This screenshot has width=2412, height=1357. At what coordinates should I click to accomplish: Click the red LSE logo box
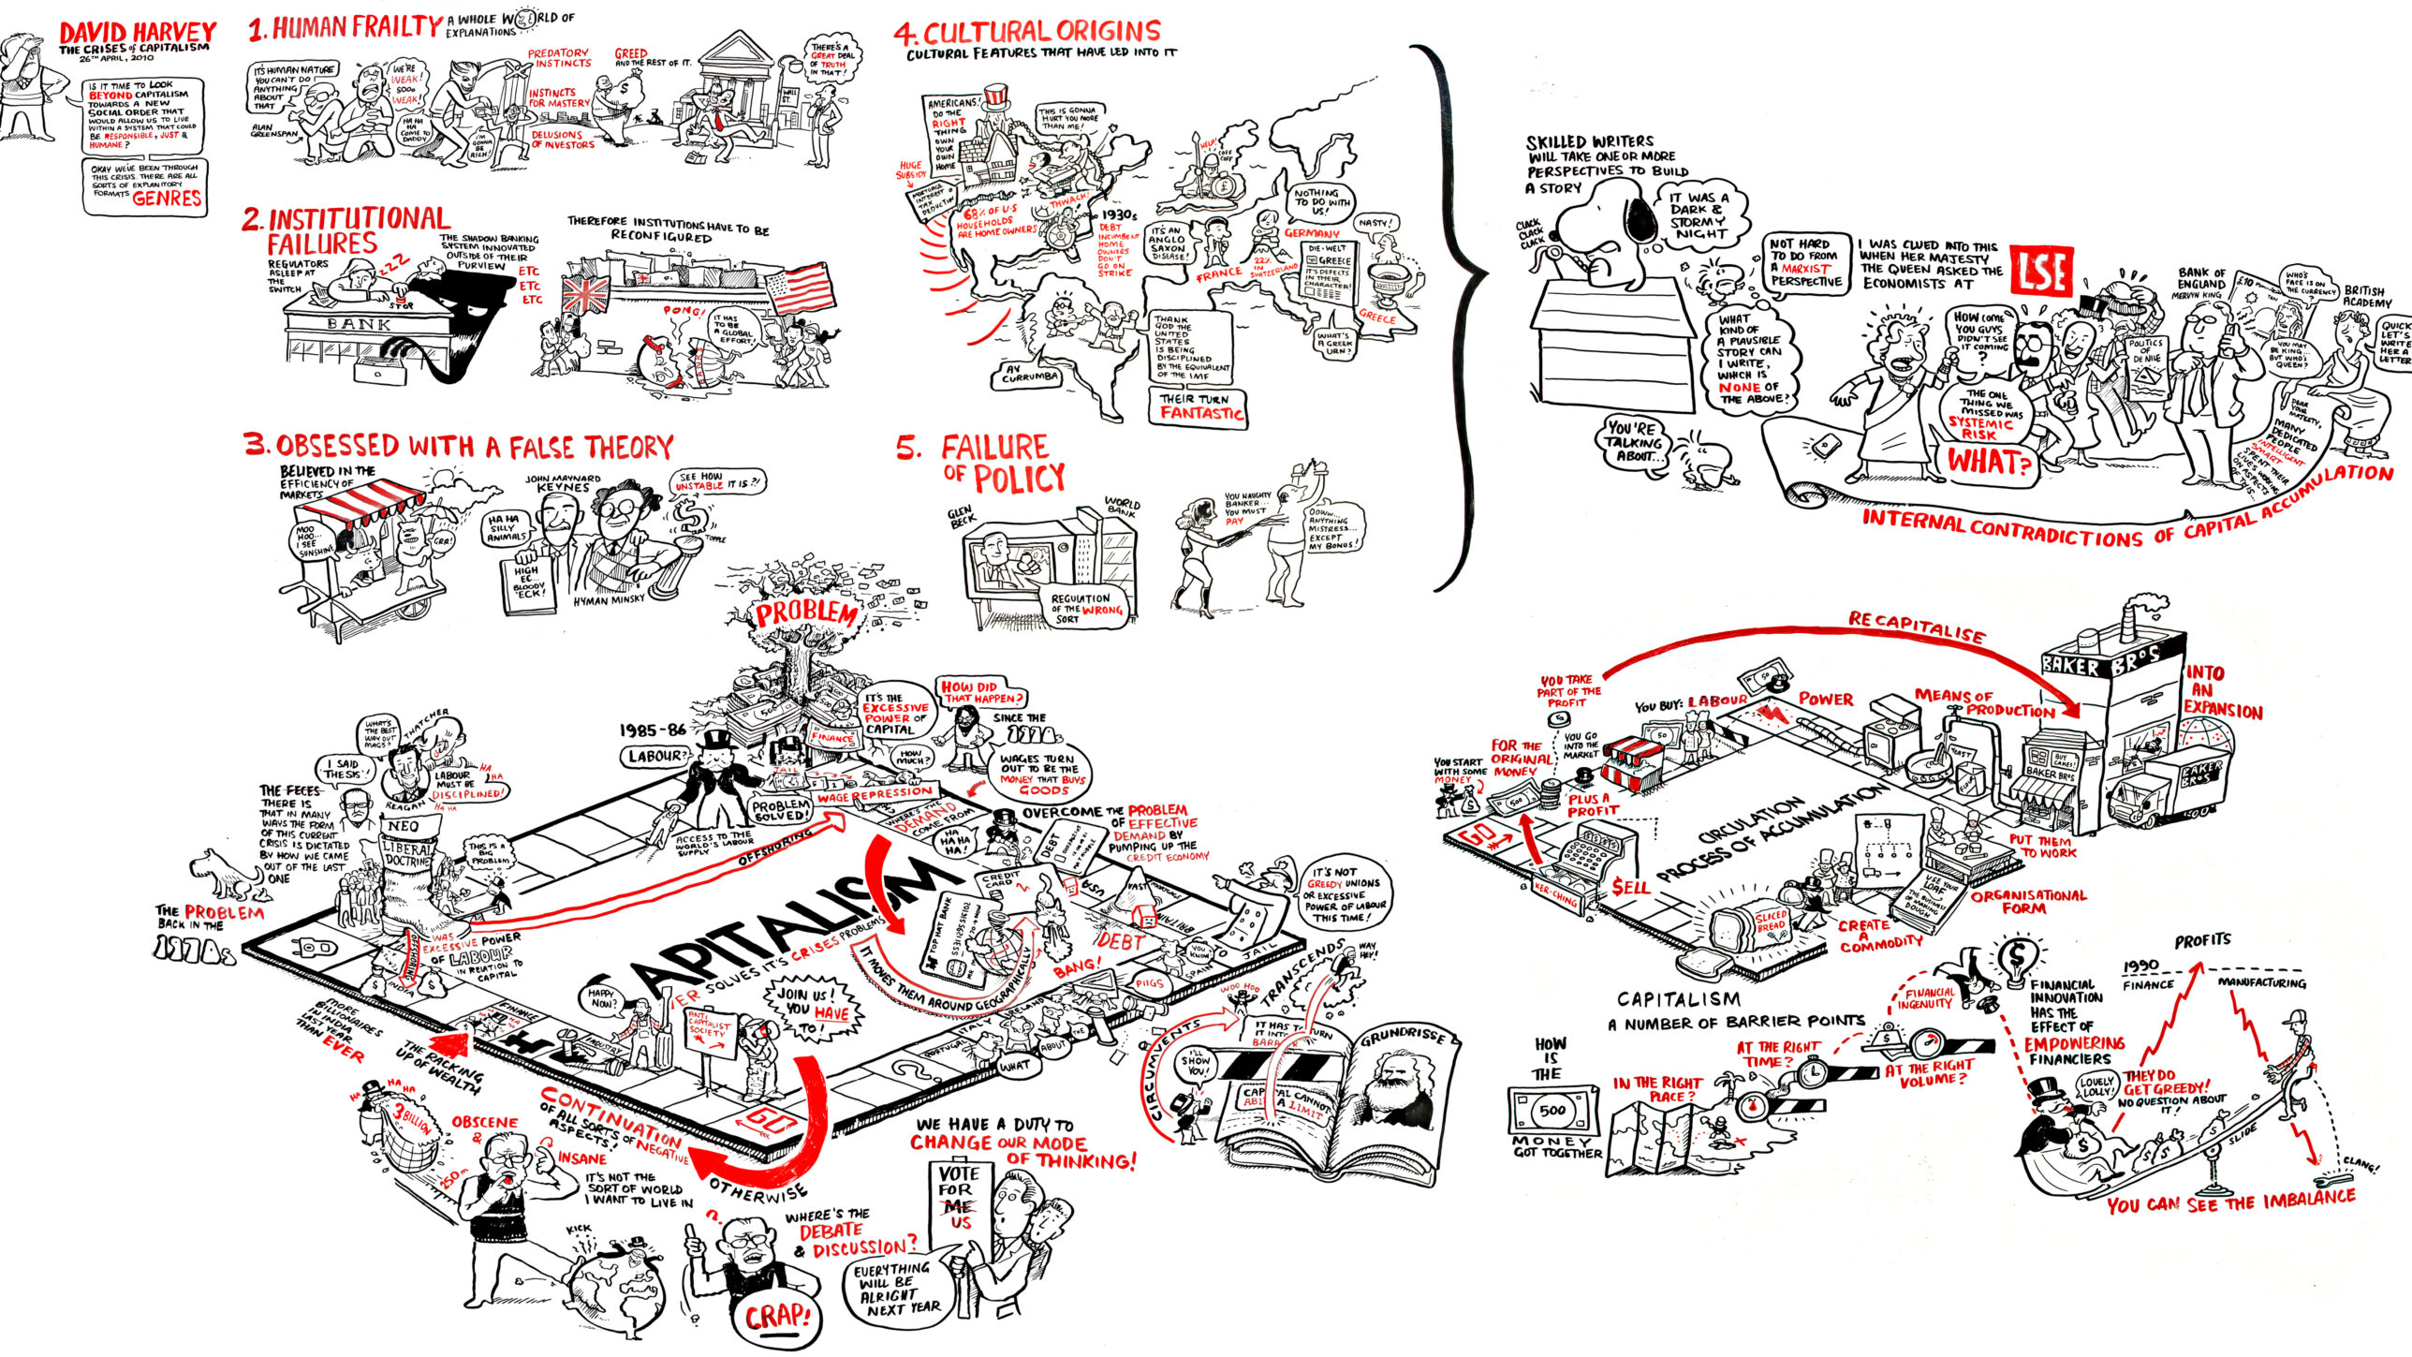click(2041, 272)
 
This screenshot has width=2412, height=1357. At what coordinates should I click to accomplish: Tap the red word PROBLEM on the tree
click(806, 613)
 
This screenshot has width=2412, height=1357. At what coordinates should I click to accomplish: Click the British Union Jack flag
click(585, 294)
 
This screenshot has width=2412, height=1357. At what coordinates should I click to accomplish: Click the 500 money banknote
click(1552, 1110)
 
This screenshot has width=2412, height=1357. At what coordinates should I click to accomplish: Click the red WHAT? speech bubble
click(1989, 462)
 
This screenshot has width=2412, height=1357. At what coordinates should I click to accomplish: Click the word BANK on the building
click(359, 324)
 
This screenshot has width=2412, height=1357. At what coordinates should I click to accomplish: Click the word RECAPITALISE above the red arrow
click(1916, 627)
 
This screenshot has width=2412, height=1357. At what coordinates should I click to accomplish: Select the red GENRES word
click(167, 199)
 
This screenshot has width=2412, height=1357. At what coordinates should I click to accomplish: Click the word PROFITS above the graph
click(2202, 939)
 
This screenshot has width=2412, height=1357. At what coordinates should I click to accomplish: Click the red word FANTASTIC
click(1201, 413)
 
